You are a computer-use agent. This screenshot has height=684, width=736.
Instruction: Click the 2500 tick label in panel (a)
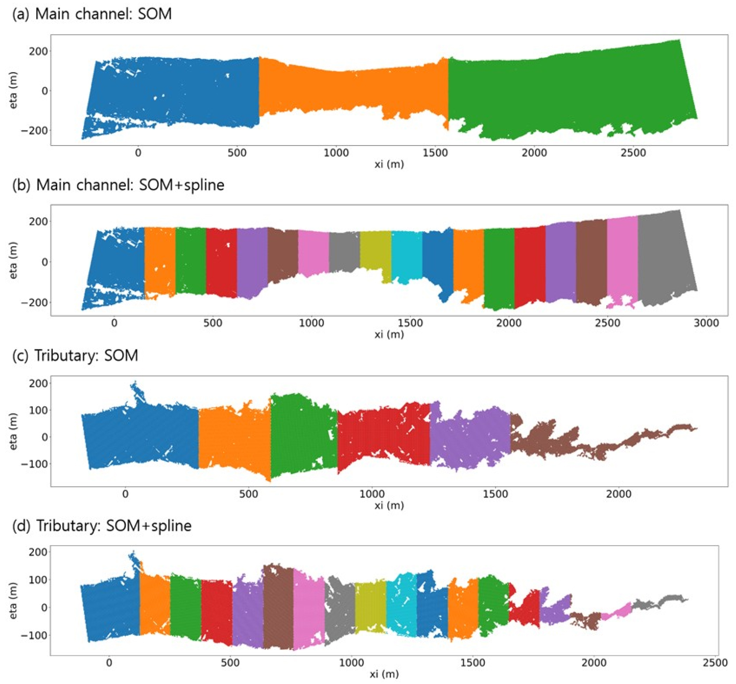633,153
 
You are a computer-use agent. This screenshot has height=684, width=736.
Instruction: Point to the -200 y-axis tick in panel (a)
35,130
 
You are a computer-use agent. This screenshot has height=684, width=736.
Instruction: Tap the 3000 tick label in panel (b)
706,323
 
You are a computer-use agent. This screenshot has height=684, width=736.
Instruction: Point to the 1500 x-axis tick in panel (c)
495,494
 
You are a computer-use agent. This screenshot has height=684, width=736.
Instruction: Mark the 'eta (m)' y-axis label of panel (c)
13,431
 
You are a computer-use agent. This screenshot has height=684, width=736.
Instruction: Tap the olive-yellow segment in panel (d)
370,606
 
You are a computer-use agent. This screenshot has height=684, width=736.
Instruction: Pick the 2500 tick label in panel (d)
715,663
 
